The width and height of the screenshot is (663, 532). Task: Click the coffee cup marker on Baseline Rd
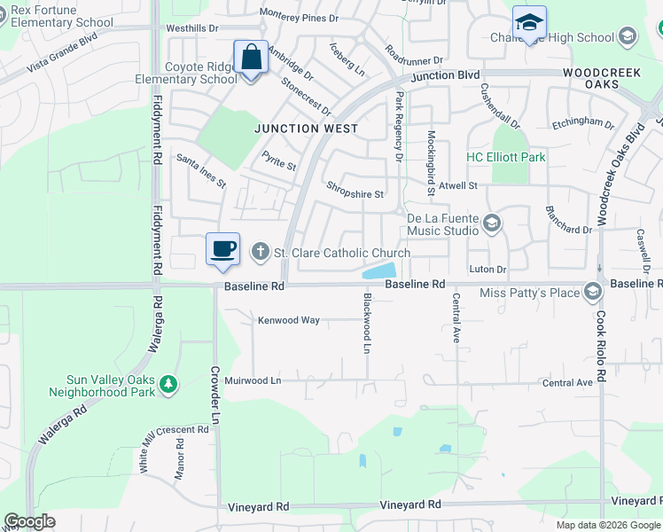click(x=222, y=248)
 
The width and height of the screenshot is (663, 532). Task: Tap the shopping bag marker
click(x=251, y=58)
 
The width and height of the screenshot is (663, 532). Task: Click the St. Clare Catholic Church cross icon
click(x=261, y=253)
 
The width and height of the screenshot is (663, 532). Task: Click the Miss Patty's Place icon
click(x=592, y=292)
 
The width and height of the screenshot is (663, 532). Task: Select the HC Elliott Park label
click(x=506, y=158)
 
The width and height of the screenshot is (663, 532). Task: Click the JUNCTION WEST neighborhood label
click(x=306, y=129)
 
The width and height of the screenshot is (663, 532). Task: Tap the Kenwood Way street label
click(x=288, y=320)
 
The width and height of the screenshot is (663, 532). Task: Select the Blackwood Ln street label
click(x=366, y=325)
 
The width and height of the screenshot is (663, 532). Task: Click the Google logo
click(x=29, y=521)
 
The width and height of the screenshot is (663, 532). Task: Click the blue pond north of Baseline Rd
click(x=379, y=271)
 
